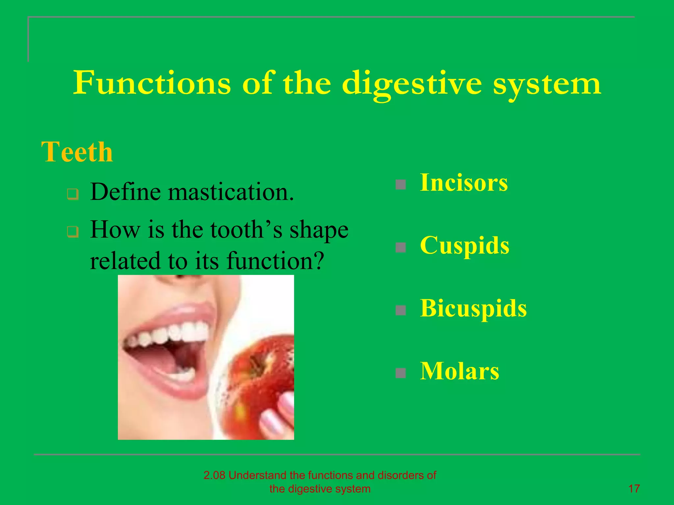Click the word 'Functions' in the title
[x=152, y=83]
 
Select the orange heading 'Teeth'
[x=77, y=152]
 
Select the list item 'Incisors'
[x=464, y=182]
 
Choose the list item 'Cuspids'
[x=464, y=245]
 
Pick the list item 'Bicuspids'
[x=473, y=308]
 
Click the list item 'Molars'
[x=459, y=371]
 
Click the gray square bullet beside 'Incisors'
[x=401, y=184]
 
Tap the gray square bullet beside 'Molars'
[x=401, y=373]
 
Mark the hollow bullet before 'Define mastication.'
[x=73, y=194]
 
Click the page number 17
[x=634, y=489]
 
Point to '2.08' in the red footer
[x=214, y=475]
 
